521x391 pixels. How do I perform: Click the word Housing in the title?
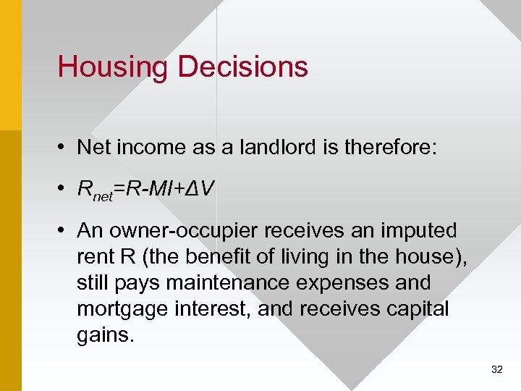113,67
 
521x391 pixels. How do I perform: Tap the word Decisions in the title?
242,67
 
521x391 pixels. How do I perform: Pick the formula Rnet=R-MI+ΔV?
145,190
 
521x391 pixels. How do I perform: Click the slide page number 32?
496,369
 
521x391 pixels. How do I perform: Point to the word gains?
106,335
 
